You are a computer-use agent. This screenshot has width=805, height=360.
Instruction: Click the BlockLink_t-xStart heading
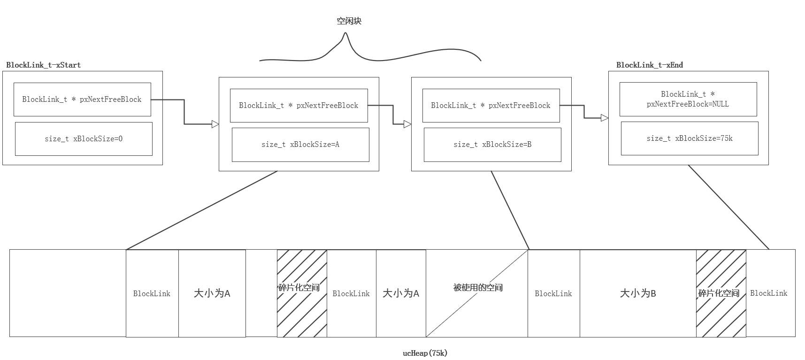pyautogui.click(x=43, y=65)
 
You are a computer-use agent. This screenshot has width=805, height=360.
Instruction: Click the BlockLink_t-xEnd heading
pyautogui.click(x=649, y=65)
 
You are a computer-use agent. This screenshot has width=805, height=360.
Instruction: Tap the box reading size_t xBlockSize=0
pyautogui.click(x=84, y=139)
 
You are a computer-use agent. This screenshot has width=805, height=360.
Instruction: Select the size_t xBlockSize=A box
pyautogui.click(x=300, y=145)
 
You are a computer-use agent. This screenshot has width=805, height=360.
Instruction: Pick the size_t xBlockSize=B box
pyautogui.click(x=492, y=145)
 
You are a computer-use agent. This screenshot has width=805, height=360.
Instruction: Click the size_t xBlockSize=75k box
pyautogui.click(x=689, y=138)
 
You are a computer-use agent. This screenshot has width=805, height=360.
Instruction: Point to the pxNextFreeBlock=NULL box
pyautogui.click(x=688, y=99)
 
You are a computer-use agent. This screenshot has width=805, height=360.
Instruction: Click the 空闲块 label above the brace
pyautogui.click(x=349, y=21)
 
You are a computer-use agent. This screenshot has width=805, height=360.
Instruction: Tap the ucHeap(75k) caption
pyautogui.click(x=425, y=353)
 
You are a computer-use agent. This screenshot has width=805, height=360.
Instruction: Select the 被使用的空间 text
pyautogui.click(x=477, y=287)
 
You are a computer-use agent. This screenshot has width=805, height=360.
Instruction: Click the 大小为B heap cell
pyautogui.click(x=637, y=293)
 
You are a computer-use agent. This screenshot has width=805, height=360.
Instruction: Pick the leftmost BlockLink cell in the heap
pyautogui.click(x=152, y=293)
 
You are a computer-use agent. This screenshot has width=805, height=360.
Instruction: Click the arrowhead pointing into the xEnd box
pyautogui.click(x=605, y=118)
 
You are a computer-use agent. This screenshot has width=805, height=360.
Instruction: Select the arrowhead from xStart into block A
pyautogui.click(x=215, y=124)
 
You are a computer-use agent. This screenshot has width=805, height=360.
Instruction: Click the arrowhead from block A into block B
pyautogui.click(x=407, y=124)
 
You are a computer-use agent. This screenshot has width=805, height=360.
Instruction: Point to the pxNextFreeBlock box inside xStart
pyautogui.click(x=82, y=100)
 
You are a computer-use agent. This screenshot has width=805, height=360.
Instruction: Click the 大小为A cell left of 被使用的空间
pyautogui.click(x=400, y=293)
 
